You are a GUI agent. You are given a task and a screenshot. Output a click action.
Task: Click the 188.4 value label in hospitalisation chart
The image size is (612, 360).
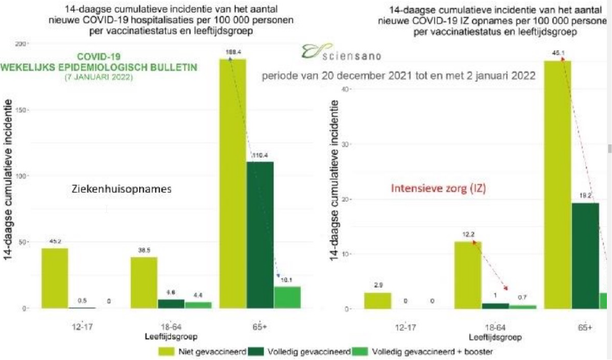[232, 52]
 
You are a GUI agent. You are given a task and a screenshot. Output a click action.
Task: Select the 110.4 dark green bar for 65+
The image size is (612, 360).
[260, 235]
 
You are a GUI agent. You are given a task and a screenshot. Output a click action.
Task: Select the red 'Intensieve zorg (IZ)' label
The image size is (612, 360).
[438, 188]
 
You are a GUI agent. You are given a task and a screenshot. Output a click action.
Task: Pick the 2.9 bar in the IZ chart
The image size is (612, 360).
[378, 300]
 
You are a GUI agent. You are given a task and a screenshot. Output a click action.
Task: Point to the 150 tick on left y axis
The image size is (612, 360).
[23, 109]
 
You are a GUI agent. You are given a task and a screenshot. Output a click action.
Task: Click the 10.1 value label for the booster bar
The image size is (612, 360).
[287, 279]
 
